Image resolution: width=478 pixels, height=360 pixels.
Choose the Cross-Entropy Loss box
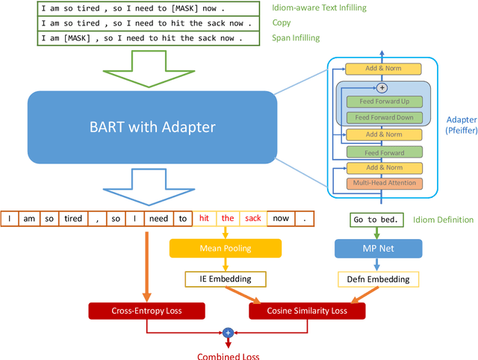[x=146, y=310]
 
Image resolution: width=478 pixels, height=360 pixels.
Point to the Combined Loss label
[x=228, y=356]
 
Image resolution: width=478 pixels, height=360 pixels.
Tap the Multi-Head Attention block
[x=384, y=183]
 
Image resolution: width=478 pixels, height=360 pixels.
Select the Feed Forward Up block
[x=384, y=102]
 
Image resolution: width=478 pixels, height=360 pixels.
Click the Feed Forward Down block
[x=384, y=117]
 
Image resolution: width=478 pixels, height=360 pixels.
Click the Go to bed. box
[x=377, y=220]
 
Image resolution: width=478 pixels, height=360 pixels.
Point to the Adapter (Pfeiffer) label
[x=459, y=125]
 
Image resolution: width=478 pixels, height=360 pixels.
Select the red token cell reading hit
[x=204, y=218]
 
